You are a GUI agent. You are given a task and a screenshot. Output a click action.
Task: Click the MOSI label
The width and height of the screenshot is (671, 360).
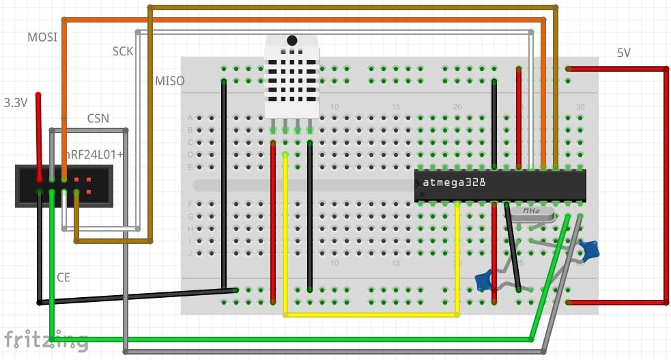(x=42, y=36)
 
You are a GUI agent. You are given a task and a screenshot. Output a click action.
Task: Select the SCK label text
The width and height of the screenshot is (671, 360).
(x=123, y=51)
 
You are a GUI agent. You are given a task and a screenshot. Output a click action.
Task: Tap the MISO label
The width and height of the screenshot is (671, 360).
(x=169, y=81)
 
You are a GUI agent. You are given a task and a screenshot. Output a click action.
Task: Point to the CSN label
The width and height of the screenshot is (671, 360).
(x=98, y=119)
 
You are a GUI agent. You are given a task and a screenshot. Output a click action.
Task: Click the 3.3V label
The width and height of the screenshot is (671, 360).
(x=16, y=103)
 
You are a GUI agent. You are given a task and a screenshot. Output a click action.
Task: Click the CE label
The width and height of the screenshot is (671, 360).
(x=63, y=277)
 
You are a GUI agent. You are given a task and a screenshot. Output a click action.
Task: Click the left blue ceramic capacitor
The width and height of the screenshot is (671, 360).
(x=483, y=279)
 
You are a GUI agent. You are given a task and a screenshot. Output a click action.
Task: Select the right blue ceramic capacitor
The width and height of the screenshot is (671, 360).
(x=590, y=251)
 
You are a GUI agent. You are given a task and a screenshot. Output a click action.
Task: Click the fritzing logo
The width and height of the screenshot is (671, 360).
(x=45, y=340)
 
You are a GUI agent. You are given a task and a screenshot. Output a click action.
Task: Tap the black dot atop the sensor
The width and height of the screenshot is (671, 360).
(x=292, y=41)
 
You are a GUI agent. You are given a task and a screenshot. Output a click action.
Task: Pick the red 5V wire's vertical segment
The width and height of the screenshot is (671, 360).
(x=666, y=184)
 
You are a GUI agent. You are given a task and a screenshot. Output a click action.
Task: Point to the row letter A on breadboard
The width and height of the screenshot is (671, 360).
(x=190, y=117)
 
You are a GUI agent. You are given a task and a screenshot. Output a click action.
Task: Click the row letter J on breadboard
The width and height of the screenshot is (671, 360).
(x=190, y=253)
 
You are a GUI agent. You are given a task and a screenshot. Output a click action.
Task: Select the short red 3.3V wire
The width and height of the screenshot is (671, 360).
(x=39, y=133)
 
